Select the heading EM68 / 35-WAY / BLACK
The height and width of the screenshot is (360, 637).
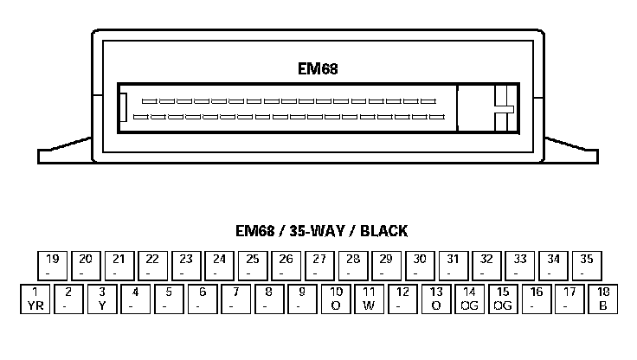[x=321, y=231]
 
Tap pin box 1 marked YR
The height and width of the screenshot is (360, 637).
[x=35, y=298]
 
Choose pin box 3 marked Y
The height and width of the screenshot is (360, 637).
[x=102, y=298]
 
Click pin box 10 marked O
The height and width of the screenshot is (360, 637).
[x=337, y=298]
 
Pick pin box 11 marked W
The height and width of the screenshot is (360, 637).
[x=370, y=298]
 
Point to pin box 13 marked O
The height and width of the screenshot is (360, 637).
[x=437, y=298]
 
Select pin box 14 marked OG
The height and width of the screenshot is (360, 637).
[x=470, y=298]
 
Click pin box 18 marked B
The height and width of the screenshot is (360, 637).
[x=603, y=298]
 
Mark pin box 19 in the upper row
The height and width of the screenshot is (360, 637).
[x=52, y=264]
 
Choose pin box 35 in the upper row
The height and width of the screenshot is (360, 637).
[x=587, y=264]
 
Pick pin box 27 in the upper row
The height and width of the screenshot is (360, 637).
[x=319, y=264]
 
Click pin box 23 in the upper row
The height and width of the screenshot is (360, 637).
[x=186, y=264]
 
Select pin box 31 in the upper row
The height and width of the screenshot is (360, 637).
[x=454, y=264]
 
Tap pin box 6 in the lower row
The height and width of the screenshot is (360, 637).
[x=203, y=298]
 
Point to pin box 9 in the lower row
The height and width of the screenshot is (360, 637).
[x=303, y=298]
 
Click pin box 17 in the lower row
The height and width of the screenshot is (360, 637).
[x=570, y=298]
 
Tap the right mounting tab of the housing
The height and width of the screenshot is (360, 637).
[x=570, y=152]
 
